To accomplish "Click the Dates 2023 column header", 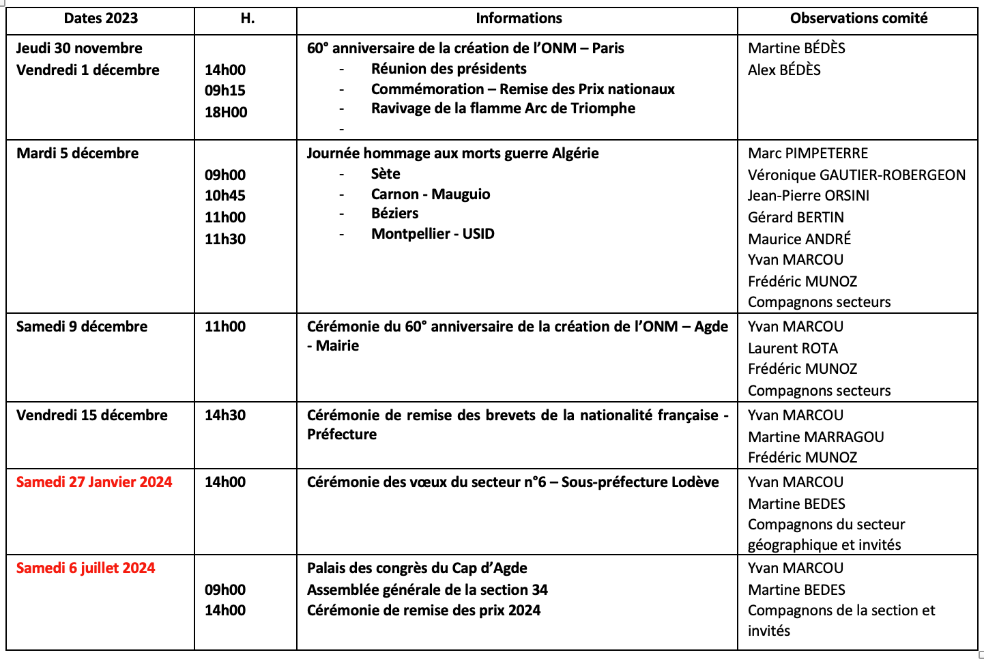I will pyautogui.click(x=100, y=18).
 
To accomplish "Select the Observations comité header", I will pyautogui.click(x=858, y=18).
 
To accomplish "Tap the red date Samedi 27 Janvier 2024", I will pyautogui.click(x=94, y=482).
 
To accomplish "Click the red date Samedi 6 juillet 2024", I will pyautogui.click(x=86, y=568).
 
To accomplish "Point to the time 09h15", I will pyautogui.click(x=225, y=91).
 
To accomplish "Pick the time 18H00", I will pyautogui.click(x=226, y=113).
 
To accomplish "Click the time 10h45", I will pyautogui.click(x=225, y=196).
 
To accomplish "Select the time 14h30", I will pyautogui.click(x=225, y=415).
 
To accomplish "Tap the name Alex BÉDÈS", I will pyautogui.click(x=784, y=70).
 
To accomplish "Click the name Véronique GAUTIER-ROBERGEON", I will pyautogui.click(x=856, y=175).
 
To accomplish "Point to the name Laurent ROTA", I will pyautogui.click(x=793, y=349).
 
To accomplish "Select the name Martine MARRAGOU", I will pyautogui.click(x=815, y=437).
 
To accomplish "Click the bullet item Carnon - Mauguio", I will pyautogui.click(x=431, y=194).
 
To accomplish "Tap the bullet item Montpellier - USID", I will pyautogui.click(x=433, y=234).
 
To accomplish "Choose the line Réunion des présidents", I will pyautogui.click(x=448, y=69).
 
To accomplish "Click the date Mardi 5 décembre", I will pyautogui.click(x=77, y=153).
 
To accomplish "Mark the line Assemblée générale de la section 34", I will pyautogui.click(x=427, y=590).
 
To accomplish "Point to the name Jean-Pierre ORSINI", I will pyautogui.click(x=809, y=196).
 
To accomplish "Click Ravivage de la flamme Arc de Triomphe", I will pyautogui.click(x=503, y=108).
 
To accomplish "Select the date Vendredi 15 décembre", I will pyautogui.click(x=91, y=415).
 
